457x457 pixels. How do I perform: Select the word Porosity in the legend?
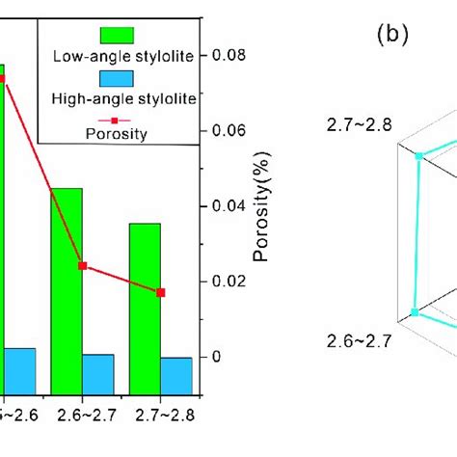click(x=117, y=134)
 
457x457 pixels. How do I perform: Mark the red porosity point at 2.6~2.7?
click(x=82, y=265)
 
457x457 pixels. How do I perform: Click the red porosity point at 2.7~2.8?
click(x=161, y=292)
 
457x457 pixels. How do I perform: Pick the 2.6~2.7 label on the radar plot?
click(x=350, y=340)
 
